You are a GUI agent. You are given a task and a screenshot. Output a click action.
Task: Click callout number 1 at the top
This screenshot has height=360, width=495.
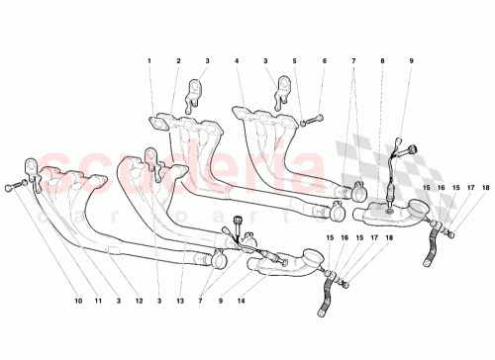coord(150,61)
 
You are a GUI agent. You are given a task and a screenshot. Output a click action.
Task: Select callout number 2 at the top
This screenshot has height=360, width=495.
coord(178,61)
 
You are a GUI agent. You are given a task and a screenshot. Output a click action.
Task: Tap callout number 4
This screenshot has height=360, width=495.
coord(238,61)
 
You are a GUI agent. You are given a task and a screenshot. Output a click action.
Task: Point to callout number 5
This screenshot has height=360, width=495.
coord(295,61)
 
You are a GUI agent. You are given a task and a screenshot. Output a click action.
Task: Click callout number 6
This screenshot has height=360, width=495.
coord(323,61)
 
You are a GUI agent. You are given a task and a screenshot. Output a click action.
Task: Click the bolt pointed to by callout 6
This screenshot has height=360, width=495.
coord(310,121)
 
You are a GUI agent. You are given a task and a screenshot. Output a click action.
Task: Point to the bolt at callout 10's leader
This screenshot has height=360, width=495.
coord(10,185)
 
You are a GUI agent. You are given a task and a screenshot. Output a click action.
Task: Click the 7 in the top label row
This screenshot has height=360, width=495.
coord(351,61)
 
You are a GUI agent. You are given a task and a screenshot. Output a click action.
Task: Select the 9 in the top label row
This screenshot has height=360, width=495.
coord(411,61)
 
